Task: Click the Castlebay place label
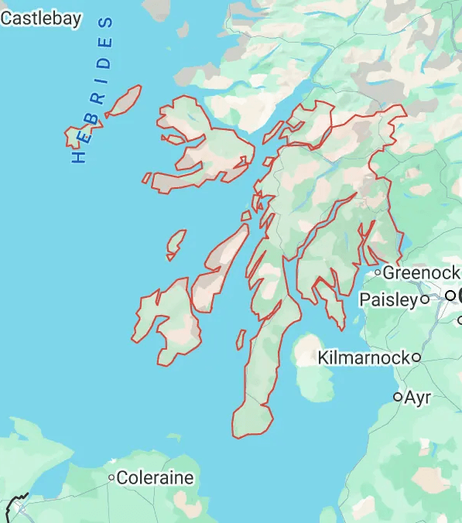(x=40, y=19)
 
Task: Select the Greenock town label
(x=421, y=273)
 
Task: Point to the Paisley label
(x=391, y=299)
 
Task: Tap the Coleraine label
(x=156, y=478)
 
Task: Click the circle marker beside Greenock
(x=378, y=272)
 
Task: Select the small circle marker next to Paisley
(x=424, y=299)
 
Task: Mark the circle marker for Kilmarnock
(x=416, y=357)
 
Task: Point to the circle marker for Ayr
(x=398, y=397)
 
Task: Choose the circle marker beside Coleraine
(x=112, y=478)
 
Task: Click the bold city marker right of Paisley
(x=450, y=295)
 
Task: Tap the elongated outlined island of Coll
(x=124, y=101)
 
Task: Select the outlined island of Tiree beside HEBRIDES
(x=76, y=137)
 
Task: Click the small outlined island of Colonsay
(x=176, y=244)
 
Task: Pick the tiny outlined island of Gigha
(x=241, y=339)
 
